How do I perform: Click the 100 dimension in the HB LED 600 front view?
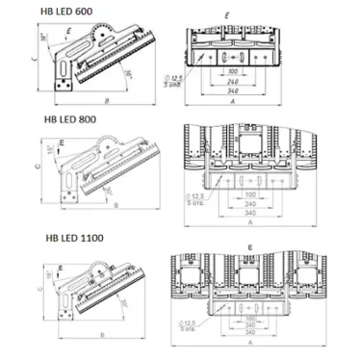(x=232, y=71)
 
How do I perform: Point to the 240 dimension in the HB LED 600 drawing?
(x=232, y=83)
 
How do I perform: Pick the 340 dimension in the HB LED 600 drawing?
(x=232, y=93)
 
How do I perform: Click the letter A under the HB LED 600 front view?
(x=232, y=102)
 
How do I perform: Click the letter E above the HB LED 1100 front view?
(x=248, y=247)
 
